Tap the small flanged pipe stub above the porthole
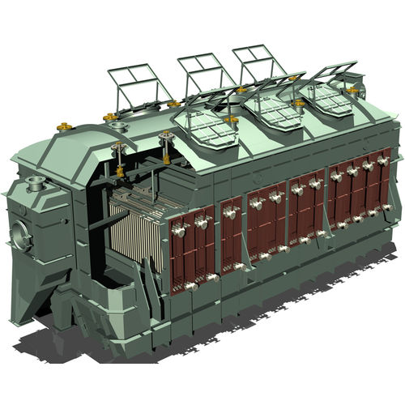coord(33,181)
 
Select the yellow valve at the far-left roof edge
coord(63,126)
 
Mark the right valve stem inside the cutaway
coord(168,149)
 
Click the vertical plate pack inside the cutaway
coord(139,236)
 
